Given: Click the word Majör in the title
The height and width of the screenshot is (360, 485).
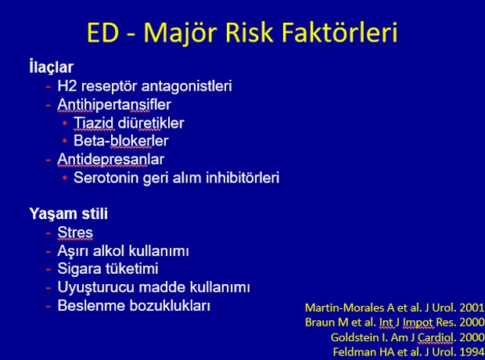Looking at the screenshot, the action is [181, 34].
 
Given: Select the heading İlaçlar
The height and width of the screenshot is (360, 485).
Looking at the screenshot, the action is [52, 67].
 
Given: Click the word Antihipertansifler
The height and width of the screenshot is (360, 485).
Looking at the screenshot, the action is [114, 104].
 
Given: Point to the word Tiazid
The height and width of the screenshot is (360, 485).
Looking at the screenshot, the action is [93, 123].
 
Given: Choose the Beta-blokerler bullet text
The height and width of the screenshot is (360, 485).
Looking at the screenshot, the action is [121, 141].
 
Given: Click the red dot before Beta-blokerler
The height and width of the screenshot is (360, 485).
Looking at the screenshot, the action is [65, 141].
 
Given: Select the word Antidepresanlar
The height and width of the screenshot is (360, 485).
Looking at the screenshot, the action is [111, 160].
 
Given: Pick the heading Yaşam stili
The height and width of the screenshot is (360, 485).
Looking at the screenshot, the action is [68, 214].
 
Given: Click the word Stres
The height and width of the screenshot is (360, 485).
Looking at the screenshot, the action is [75, 232].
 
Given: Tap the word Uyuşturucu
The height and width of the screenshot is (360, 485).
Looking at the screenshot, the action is [96, 287].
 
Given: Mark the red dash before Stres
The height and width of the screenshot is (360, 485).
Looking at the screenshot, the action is [48, 232].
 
